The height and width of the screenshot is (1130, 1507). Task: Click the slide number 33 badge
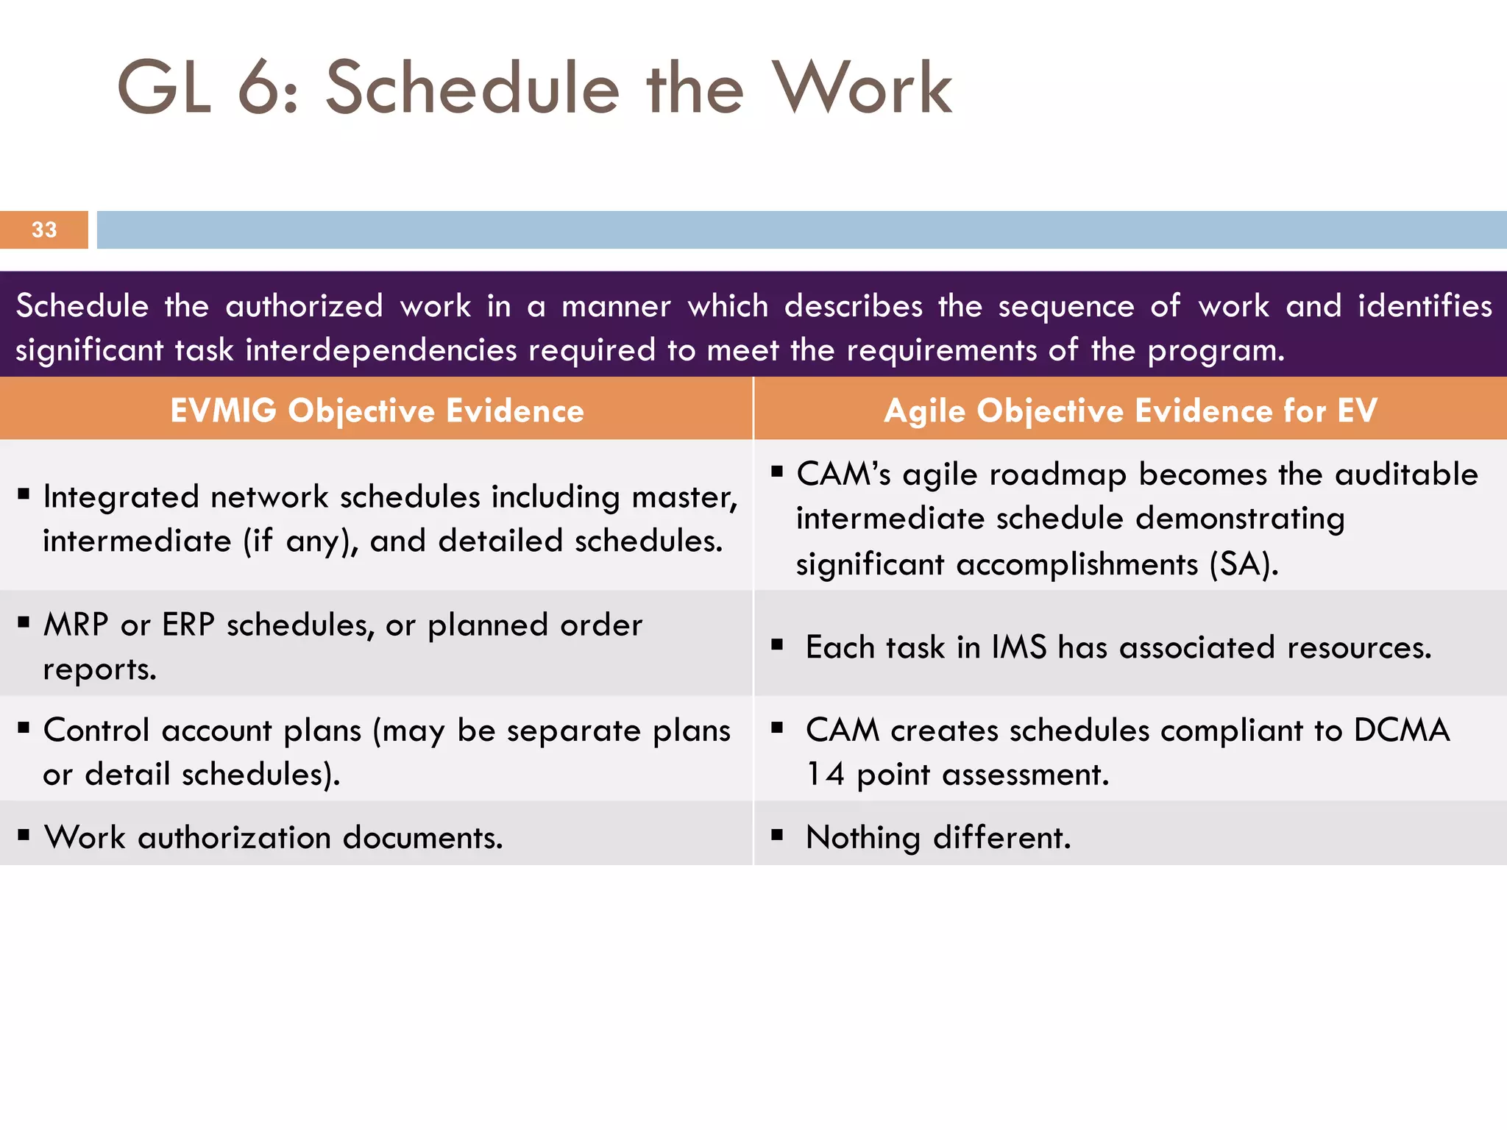pos(44,230)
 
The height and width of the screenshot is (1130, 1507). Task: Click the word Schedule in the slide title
pos(472,88)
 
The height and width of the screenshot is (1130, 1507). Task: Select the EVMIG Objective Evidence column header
pos(377,411)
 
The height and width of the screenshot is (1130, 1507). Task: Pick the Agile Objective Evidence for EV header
pos(1130,411)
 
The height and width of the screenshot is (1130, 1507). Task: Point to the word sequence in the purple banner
pos(1065,306)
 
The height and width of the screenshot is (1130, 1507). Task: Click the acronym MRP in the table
pos(76,625)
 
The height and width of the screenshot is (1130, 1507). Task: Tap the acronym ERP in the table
pos(188,625)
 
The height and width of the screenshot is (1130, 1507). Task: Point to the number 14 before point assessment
pos(825,775)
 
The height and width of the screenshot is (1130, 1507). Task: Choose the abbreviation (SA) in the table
pos(1244,564)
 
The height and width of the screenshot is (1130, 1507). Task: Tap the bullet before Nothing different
pos(777,834)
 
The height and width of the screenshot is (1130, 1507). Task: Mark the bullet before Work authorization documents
pos(24,834)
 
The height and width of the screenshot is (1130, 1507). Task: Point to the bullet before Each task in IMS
pos(777,645)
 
